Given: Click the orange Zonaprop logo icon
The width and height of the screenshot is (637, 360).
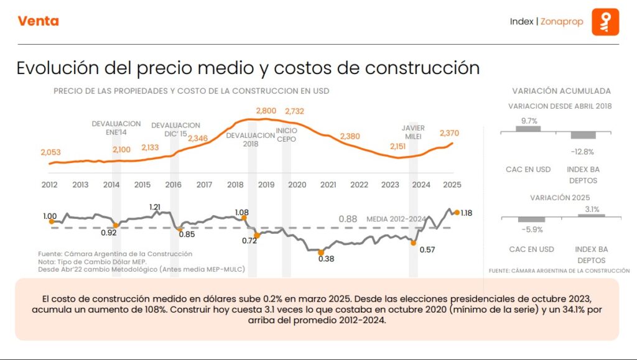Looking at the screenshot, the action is click(x=605, y=22).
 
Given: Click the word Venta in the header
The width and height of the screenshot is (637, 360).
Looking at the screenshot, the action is click(x=38, y=21).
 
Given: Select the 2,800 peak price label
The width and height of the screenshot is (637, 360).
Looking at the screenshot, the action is click(x=266, y=111).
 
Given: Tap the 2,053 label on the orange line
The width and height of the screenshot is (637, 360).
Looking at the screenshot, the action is click(x=51, y=152).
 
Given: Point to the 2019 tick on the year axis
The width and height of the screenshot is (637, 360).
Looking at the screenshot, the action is click(x=266, y=185).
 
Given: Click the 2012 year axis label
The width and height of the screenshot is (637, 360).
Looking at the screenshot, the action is click(x=50, y=185).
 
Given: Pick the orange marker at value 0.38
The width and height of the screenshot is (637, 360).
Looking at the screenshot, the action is click(x=321, y=253).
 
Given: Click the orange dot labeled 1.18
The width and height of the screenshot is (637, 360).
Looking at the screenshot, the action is click(x=457, y=212).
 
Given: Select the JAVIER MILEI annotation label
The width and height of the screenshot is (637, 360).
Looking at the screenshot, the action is click(x=413, y=132).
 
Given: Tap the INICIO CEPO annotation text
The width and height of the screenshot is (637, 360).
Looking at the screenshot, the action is click(x=286, y=135).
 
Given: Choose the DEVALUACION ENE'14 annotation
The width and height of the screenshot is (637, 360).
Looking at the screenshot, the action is click(x=116, y=128).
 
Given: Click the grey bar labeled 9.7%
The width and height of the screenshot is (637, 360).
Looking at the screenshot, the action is click(x=528, y=129).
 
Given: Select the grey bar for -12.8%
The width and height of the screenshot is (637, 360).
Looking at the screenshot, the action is click(x=584, y=135).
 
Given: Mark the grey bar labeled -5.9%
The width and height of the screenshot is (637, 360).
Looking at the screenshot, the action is click(x=532, y=219).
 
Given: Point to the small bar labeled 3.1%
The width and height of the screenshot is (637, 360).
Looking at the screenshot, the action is click(x=592, y=216).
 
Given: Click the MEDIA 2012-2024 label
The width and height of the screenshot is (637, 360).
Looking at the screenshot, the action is click(x=396, y=219).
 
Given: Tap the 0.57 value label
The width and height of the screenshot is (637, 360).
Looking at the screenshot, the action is click(x=427, y=249).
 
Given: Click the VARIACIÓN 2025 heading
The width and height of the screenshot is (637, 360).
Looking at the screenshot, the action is click(x=560, y=198).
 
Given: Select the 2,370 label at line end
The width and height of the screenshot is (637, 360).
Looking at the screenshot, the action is click(x=449, y=133).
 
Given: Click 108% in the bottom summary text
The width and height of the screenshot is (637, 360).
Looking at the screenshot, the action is click(x=155, y=309).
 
